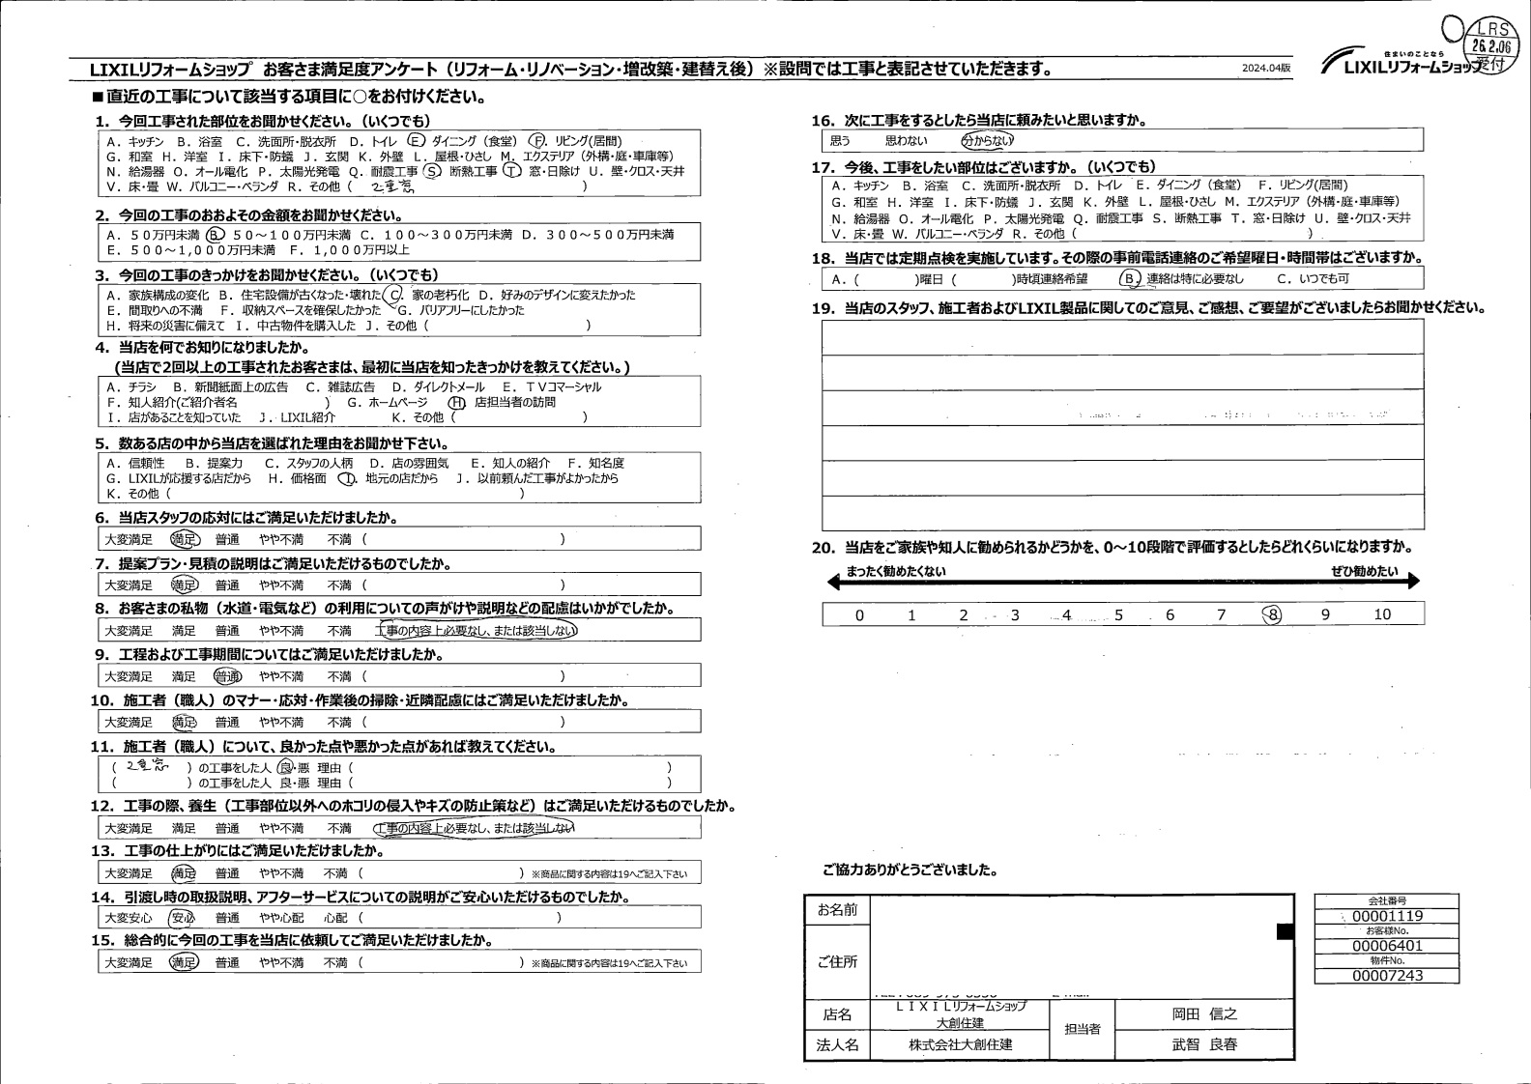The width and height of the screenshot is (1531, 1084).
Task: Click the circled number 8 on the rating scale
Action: tap(1273, 614)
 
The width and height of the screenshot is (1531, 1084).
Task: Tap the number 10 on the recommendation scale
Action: tap(1382, 614)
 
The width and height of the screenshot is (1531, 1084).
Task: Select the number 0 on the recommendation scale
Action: tap(859, 615)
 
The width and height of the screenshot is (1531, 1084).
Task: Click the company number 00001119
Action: tap(1388, 916)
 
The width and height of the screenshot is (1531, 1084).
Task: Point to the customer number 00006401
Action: tap(1388, 946)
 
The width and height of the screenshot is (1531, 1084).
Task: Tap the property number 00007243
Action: tap(1388, 976)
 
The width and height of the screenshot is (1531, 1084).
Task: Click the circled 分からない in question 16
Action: tap(987, 140)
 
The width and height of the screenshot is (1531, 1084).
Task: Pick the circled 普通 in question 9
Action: tap(227, 676)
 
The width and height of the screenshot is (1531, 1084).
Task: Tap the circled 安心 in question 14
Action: tap(182, 918)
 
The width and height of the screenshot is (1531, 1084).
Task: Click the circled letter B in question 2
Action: tap(215, 235)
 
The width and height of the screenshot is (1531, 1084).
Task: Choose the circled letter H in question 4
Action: tap(456, 403)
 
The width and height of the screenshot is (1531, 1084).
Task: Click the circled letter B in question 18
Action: tap(1129, 279)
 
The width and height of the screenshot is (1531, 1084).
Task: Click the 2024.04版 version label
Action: tap(1266, 69)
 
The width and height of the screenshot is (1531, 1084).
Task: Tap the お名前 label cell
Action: tap(837, 910)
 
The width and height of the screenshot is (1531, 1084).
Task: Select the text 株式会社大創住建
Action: tap(960, 1044)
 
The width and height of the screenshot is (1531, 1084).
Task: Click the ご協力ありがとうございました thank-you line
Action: tap(910, 870)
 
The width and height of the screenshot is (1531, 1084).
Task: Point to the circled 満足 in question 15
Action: tap(184, 962)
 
